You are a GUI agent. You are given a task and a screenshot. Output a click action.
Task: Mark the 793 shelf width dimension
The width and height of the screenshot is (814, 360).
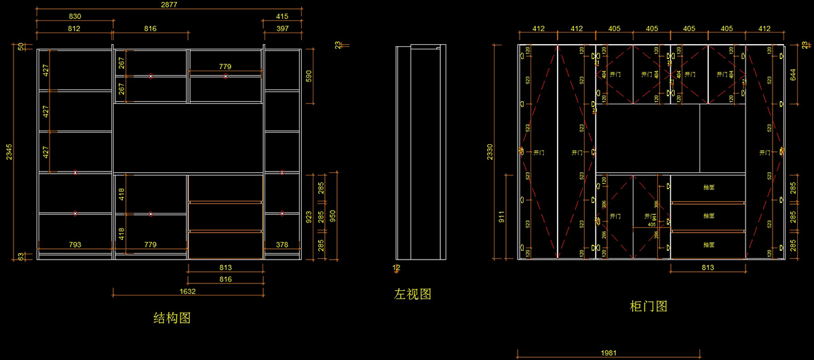75,244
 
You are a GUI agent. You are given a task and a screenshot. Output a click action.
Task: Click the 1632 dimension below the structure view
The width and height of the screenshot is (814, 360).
188,292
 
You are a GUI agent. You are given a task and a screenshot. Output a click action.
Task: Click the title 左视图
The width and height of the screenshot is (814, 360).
413,294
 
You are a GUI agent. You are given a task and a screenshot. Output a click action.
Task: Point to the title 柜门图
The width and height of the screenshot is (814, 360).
649,306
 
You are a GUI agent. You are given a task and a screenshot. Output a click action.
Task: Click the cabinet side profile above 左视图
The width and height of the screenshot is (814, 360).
421,152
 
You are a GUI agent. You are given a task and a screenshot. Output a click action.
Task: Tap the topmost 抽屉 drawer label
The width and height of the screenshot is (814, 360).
708,187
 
